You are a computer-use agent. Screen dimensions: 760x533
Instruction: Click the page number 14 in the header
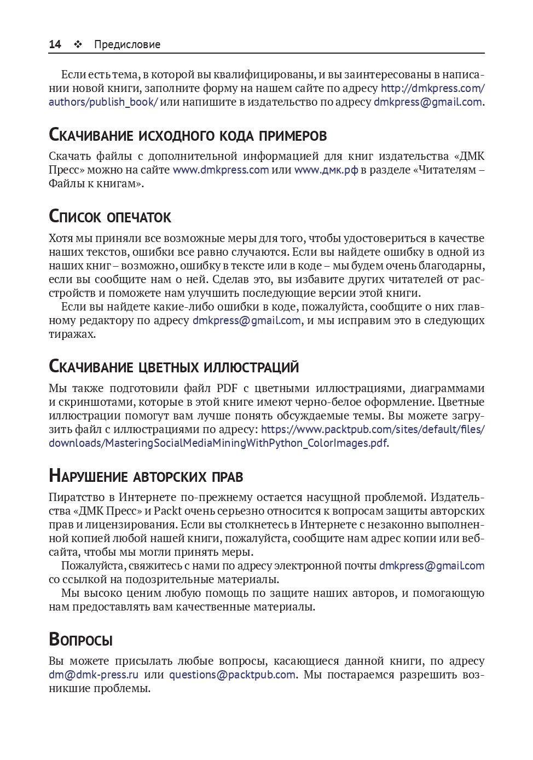pyautogui.click(x=55, y=44)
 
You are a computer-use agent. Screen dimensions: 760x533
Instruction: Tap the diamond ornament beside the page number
pyautogui.click(x=78, y=44)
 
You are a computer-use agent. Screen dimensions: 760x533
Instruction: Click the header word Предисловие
pyautogui.click(x=127, y=44)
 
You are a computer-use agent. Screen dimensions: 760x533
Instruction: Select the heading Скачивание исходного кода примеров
pyautogui.click(x=188, y=135)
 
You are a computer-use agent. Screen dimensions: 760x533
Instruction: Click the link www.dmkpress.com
pyautogui.click(x=221, y=170)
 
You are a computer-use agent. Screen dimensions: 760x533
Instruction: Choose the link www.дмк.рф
pyautogui.click(x=326, y=170)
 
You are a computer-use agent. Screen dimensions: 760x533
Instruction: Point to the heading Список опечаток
pyautogui.click(x=110, y=216)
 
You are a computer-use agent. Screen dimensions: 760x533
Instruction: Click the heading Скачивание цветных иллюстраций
pyautogui.click(x=173, y=366)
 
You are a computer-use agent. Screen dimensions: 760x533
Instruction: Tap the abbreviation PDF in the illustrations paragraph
pyautogui.click(x=227, y=388)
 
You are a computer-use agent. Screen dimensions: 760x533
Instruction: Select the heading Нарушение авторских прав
pyautogui.click(x=146, y=475)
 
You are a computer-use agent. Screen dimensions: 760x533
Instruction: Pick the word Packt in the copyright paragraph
pyautogui.click(x=167, y=511)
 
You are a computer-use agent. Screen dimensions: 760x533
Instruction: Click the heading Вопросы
pyautogui.click(x=80, y=639)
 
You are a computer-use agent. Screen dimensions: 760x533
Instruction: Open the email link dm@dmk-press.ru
pyautogui.click(x=93, y=675)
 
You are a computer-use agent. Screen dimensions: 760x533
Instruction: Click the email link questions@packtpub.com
pyautogui.click(x=232, y=675)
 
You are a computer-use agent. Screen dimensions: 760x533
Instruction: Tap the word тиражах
pyautogui.click(x=72, y=334)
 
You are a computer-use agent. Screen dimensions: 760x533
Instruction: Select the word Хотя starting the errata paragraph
pyautogui.click(x=60, y=238)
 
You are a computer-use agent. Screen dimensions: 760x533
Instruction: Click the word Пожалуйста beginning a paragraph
pyautogui.click(x=92, y=566)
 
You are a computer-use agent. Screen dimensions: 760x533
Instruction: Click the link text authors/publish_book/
pyautogui.click(x=103, y=102)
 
